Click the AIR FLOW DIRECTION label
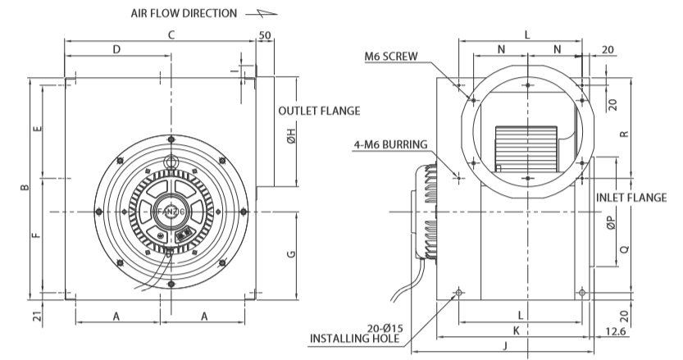point(184,13)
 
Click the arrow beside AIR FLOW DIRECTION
point(261,13)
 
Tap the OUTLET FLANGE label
point(319,112)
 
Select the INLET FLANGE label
point(631,198)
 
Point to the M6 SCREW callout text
point(391,57)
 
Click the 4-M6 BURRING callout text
point(390,144)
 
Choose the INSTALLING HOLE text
point(354,338)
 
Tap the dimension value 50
point(265,35)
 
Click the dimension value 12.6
point(616,331)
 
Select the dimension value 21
point(39,317)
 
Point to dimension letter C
point(171,35)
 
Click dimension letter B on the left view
point(25,188)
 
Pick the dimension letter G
point(291,254)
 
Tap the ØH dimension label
point(291,136)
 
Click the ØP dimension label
point(612,224)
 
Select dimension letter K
point(517,330)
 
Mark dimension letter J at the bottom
point(505,346)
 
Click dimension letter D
point(116,50)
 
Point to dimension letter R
point(624,134)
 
